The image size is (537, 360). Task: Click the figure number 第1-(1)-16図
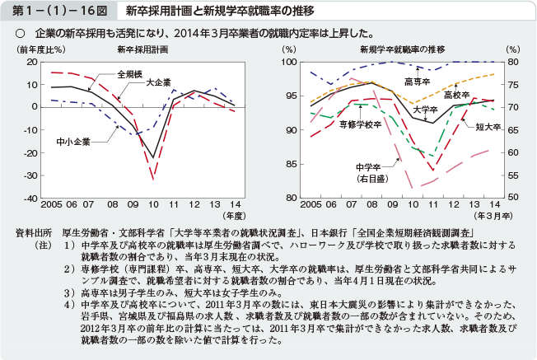(55, 11)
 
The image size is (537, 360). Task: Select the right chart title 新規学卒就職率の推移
(398, 50)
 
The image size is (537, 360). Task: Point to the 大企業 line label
(158, 82)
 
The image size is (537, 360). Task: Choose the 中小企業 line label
(73, 143)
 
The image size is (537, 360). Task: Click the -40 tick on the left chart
(30, 199)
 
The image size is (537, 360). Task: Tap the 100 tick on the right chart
(289, 62)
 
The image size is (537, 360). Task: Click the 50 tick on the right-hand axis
(512, 199)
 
